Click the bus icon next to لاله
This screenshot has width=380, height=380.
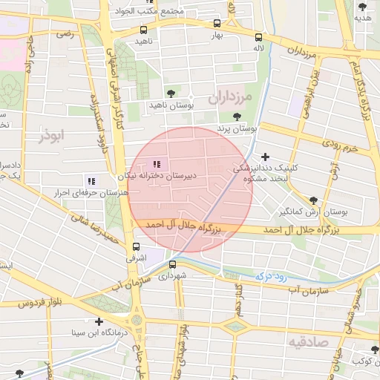coord(258,37)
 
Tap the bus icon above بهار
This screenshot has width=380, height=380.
coord(217,23)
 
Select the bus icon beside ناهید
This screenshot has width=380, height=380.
coord(143,30)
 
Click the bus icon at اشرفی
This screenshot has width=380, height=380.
coord(135,246)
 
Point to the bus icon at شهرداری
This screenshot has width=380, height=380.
coord(172,264)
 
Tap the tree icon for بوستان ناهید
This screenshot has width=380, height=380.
coord(171,94)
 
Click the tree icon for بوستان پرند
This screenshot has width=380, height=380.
coord(237,117)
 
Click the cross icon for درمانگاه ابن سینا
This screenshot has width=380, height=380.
coord(99,321)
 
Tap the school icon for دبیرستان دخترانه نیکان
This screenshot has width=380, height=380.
coord(156,164)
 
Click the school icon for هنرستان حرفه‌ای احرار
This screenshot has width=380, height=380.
coord(91,180)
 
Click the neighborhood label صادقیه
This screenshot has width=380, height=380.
coord(307,341)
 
